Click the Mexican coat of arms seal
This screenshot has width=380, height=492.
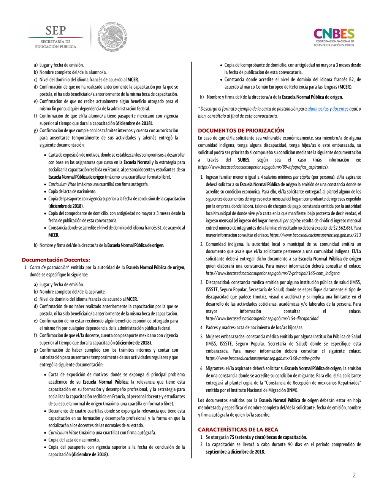click(x=112, y=37)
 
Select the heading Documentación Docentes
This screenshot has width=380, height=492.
click(x=56, y=260)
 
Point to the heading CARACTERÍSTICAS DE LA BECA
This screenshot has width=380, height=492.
click(x=238, y=429)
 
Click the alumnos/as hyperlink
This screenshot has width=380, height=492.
click(x=318, y=109)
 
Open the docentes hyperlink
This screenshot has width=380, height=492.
click(x=340, y=109)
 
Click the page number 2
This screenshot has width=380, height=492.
click(x=354, y=475)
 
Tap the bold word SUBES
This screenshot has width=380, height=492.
click(x=244, y=160)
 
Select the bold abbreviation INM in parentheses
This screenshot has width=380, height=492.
click(x=292, y=390)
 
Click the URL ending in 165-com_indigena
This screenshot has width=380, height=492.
click(x=273, y=273)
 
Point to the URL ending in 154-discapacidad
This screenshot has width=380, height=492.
click(x=262, y=318)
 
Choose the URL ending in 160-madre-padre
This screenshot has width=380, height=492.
click(x=263, y=358)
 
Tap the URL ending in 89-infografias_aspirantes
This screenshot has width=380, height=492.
click(x=263, y=167)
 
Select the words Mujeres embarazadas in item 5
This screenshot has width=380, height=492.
click(x=225, y=336)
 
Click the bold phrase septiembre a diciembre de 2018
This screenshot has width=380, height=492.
click(x=235, y=452)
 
